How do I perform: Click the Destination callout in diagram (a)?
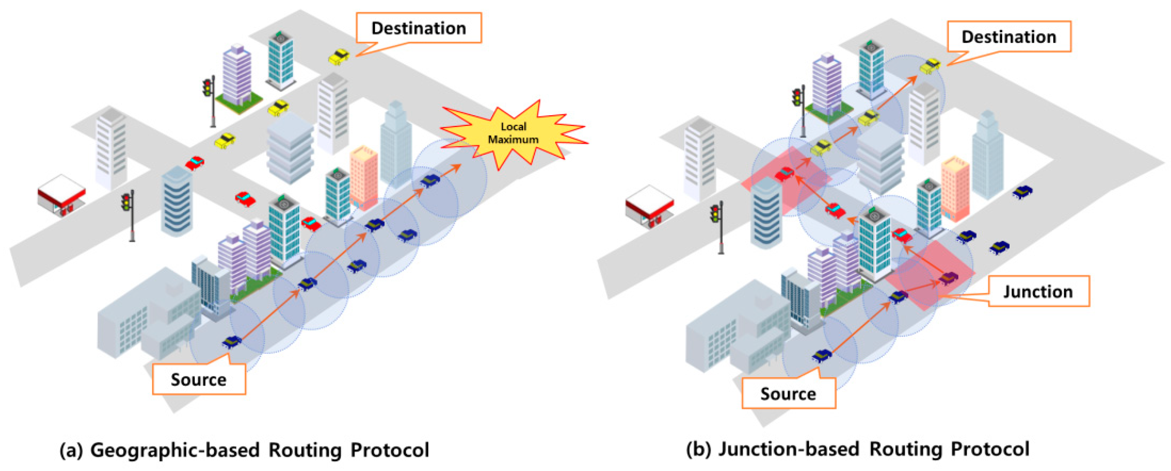418,28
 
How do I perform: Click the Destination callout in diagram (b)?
1008,37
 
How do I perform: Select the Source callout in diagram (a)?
199,379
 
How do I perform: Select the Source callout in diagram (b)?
788,393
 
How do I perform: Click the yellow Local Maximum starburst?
513,133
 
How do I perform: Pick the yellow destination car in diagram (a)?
339,57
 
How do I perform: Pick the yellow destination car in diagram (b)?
930,66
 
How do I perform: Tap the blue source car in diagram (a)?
231,341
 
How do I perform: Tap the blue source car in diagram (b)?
821,355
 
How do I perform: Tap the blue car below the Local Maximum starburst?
429,180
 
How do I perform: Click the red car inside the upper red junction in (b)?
785,173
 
